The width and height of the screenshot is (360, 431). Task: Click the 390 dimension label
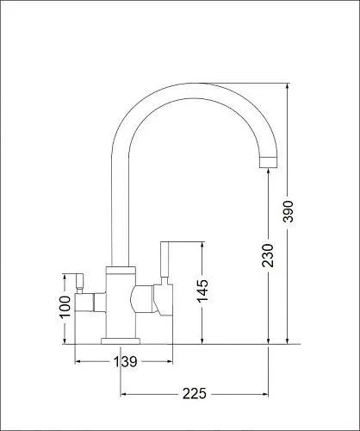pos(288,211)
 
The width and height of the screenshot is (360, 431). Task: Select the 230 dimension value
pos(268,255)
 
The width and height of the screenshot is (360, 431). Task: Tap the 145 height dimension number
pos(202,290)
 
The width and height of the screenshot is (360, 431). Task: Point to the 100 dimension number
pos(65,307)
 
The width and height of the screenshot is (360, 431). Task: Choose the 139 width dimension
pos(126,361)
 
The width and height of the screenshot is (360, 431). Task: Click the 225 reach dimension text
pos(195,394)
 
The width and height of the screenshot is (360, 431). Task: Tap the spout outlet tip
pos(269,163)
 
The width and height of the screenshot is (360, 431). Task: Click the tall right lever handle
pos(164,259)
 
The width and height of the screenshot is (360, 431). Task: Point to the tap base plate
pos(121,341)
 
